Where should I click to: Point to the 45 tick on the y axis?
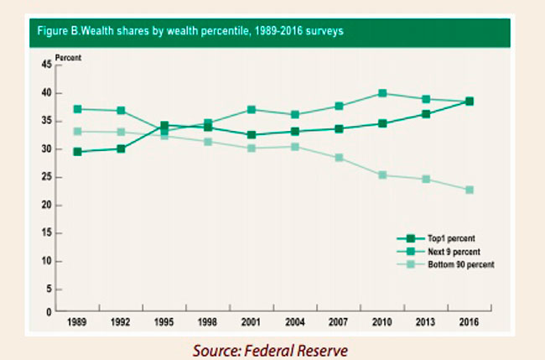click(x=46, y=65)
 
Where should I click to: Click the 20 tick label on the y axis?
click(x=46, y=206)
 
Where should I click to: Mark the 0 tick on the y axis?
click(x=49, y=311)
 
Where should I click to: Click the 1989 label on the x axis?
click(x=77, y=321)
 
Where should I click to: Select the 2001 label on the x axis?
click(x=251, y=321)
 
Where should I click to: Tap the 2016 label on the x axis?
click(x=469, y=321)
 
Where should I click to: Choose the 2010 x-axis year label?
click(x=381, y=321)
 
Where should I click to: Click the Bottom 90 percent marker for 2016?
click(x=469, y=190)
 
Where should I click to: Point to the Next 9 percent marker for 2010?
click(x=381, y=93)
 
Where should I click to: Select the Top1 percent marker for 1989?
click(x=77, y=152)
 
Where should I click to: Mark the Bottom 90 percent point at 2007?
click(x=338, y=158)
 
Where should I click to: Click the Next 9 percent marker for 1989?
click(x=77, y=109)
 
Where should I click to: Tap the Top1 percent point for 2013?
click(x=425, y=114)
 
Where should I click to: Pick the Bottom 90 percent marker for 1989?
click(x=77, y=131)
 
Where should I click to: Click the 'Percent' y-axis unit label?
click(x=67, y=57)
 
